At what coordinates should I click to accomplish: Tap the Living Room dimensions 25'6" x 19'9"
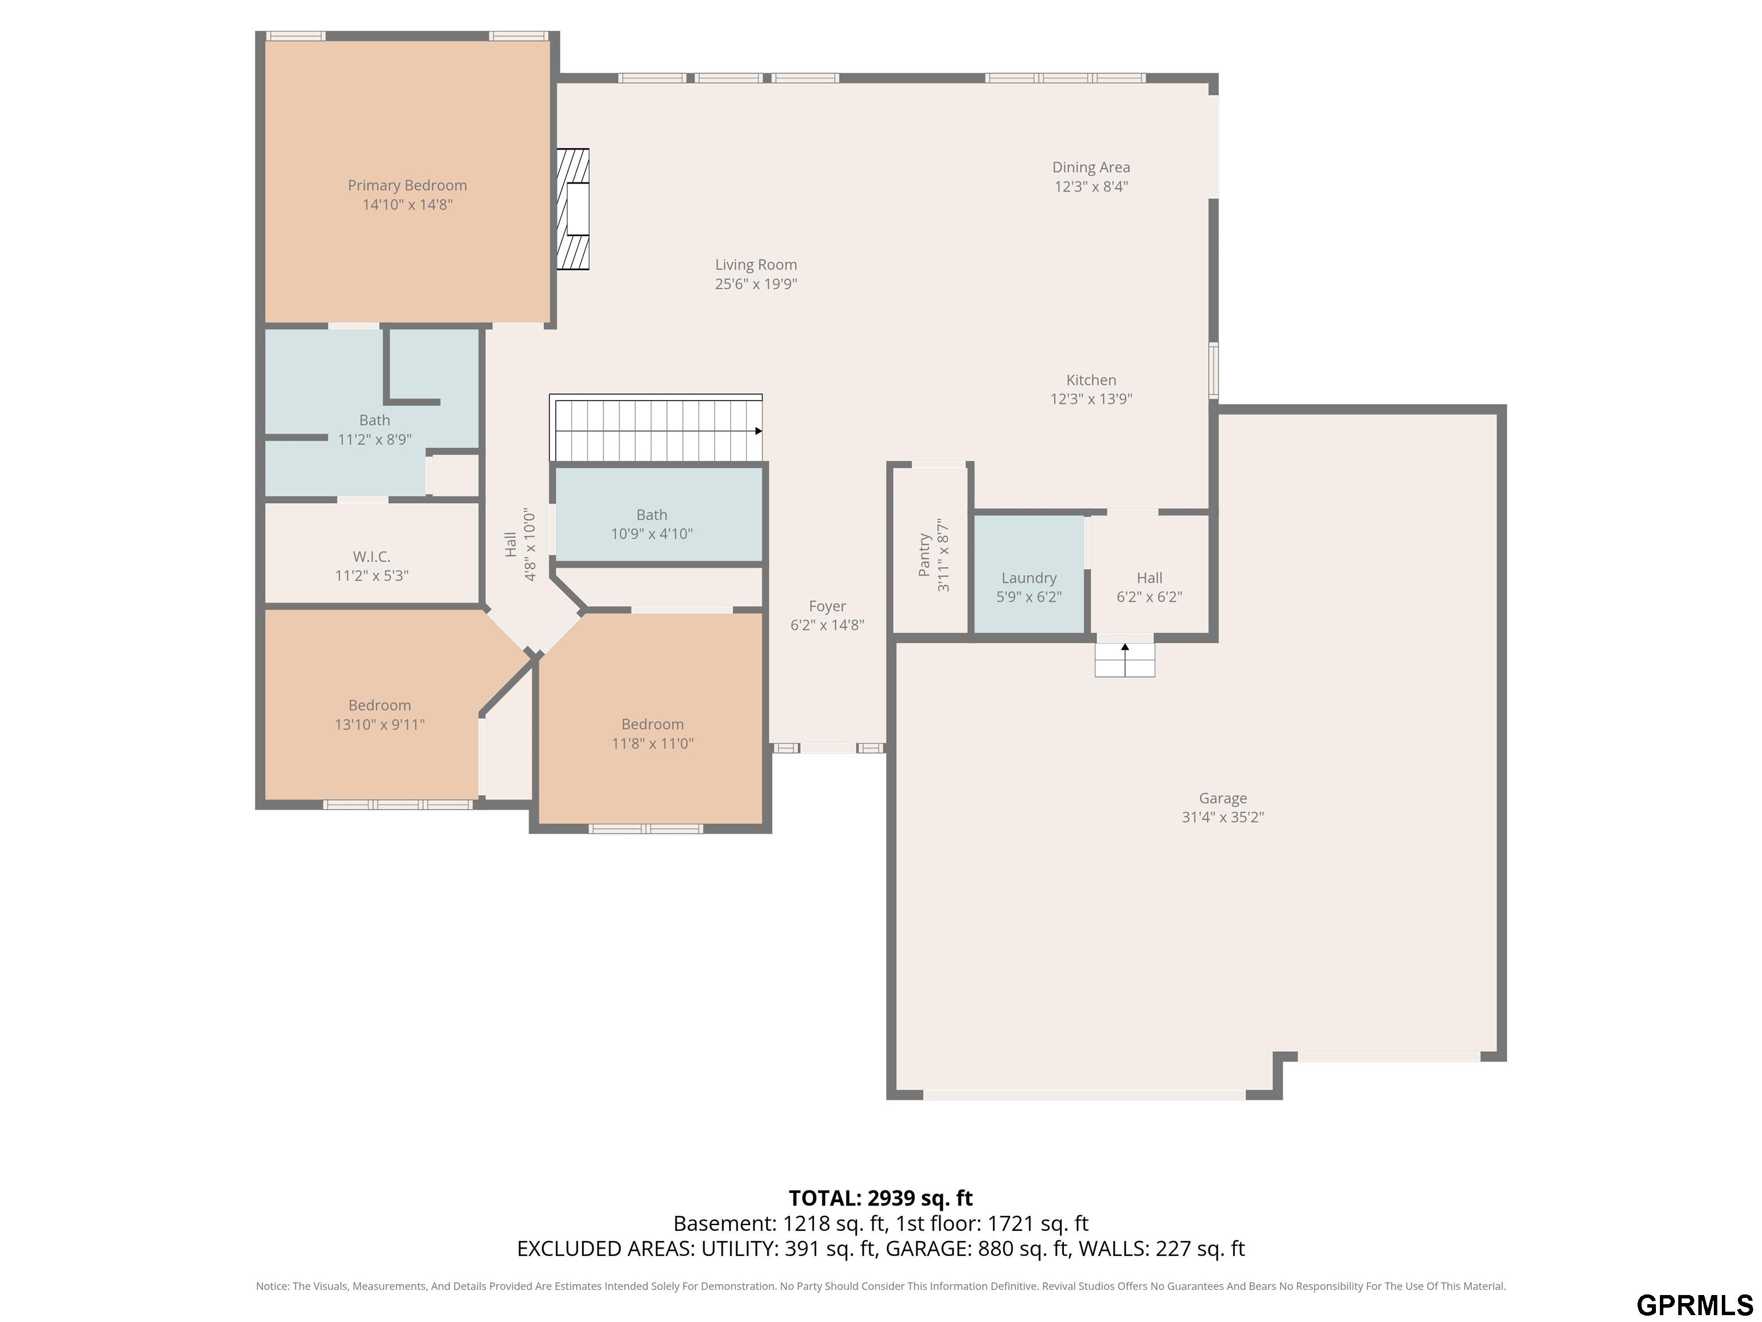point(756,283)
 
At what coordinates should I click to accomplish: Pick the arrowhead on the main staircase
point(758,431)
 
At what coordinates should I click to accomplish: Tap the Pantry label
point(924,555)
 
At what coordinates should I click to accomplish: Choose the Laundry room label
point(1029,578)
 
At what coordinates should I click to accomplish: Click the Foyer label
point(828,606)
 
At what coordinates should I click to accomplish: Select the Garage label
point(1223,799)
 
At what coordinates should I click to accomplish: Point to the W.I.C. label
point(372,556)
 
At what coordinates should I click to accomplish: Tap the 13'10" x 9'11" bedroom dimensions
point(380,724)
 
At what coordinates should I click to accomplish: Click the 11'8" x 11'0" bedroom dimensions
point(652,744)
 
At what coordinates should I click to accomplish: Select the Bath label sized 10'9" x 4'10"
point(652,515)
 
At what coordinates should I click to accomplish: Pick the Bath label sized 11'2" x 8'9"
point(375,420)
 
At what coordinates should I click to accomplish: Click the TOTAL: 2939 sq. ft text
point(880,1199)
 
